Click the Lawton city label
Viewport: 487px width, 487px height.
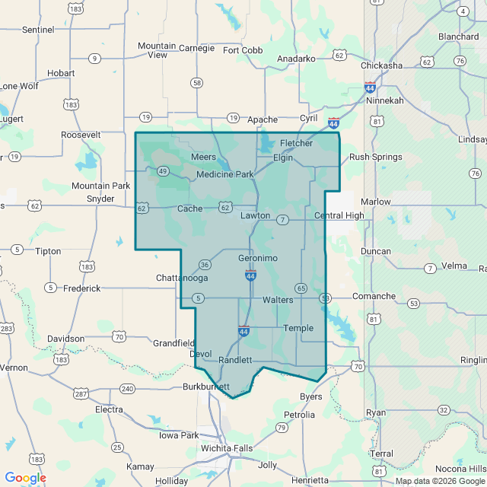[255, 215]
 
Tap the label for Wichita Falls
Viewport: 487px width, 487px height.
[227, 448]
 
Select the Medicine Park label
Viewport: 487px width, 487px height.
[224, 174]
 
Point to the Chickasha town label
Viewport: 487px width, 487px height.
[381, 65]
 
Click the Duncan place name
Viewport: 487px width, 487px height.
[376, 251]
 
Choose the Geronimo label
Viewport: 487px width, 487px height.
[258, 259]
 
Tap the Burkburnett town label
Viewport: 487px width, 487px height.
[206, 387]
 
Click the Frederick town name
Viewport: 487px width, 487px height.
[81, 288]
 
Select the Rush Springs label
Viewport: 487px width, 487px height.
[376, 158]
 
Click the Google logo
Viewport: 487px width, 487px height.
[25, 478]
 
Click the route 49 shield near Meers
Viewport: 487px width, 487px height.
[163, 171]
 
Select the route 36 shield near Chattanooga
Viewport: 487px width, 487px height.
[205, 265]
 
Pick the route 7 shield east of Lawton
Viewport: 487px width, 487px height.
[282, 220]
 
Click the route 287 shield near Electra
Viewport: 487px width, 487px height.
[80, 393]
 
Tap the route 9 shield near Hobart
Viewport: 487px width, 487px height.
[94, 58]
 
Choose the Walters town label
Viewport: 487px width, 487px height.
[278, 300]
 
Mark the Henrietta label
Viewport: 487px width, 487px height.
[310, 480]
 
